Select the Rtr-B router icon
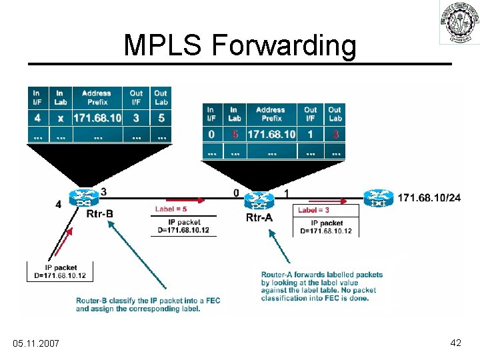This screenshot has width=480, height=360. click(x=85, y=198)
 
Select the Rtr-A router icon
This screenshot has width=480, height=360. click(x=257, y=201)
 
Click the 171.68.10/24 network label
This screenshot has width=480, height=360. click(x=429, y=198)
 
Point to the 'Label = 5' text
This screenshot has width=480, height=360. click(x=172, y=209)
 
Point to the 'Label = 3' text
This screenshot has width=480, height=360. click(x=315, y=209)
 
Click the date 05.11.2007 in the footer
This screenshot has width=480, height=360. click(x=36, y=343)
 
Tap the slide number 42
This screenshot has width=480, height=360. click(x=456, y=342)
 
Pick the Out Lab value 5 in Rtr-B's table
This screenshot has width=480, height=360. click(x=161, y=118)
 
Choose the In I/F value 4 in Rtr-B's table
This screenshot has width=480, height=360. click(x=37, y=118)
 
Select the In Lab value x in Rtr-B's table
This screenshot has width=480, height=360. click(x=61, y=118)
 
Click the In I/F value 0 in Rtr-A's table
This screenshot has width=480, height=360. click(x=211, y=134)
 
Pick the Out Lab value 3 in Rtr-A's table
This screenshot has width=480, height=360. click(x=335, y=134)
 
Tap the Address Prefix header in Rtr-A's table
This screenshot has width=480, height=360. click(x=271, y=113)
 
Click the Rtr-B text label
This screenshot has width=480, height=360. click(x=100, y=214)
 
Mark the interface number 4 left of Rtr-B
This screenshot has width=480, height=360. click(x=58, y=205)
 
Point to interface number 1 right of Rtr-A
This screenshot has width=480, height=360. click(x=287, y=193)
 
